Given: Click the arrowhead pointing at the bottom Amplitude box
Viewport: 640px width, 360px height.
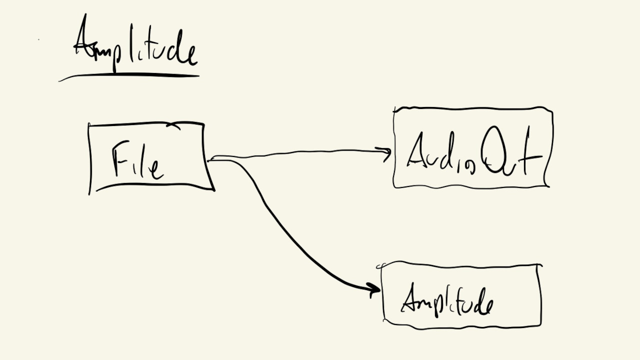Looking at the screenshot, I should click(x=374, y=288).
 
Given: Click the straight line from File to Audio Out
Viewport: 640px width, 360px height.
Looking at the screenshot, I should click(x=300, y=153).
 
